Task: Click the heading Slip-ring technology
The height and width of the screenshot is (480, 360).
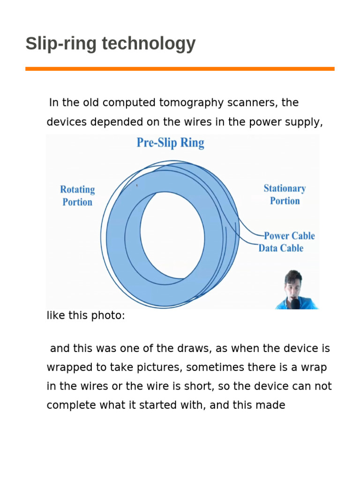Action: tap(111, 44)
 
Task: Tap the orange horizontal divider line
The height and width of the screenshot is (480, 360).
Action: tap(180, 69)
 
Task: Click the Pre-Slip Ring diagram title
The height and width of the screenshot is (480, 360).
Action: tap(170, 142)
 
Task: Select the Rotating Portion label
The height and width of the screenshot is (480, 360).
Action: tap(77, 195)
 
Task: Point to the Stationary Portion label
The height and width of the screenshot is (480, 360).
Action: tap(285, 195)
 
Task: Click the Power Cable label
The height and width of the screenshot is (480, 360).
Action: tap(289, 236)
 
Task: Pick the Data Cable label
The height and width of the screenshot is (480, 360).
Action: tap(281, 248)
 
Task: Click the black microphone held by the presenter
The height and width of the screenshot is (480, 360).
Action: tap(295, 303)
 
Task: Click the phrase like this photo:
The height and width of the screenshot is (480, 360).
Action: tap(86, 315)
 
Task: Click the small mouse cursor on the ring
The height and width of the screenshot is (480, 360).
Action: tap(137, 185)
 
